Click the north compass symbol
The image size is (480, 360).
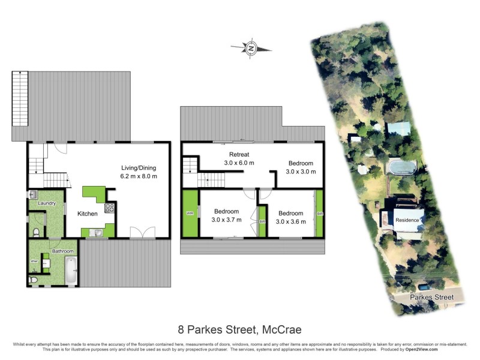pyautogui.click(x=251, y=48)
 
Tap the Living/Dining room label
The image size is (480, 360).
pyautogui.click(x=139, y=167)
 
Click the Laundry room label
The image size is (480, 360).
pyautogui.click(x=47, y=204)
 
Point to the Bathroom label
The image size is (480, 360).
pyautogui.click(x=62, y=251)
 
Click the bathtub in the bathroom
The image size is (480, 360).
pyautogui.click(x=70, y=270)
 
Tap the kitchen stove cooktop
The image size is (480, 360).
pyautogui.click(x=110, y=208)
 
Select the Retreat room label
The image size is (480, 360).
pyautogui.click(x=239, y=154)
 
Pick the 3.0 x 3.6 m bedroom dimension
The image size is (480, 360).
pyautogui.click(x=291, y=221)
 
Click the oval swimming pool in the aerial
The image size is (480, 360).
pyautogui.click(x=400, y=166)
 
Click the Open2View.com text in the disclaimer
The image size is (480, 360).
pyautogui.click(x=420, y=349)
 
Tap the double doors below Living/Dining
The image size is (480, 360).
pyautogui.click(x=142, y=233)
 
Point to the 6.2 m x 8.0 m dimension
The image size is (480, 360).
pyautogui.click(x=139, y=176)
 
